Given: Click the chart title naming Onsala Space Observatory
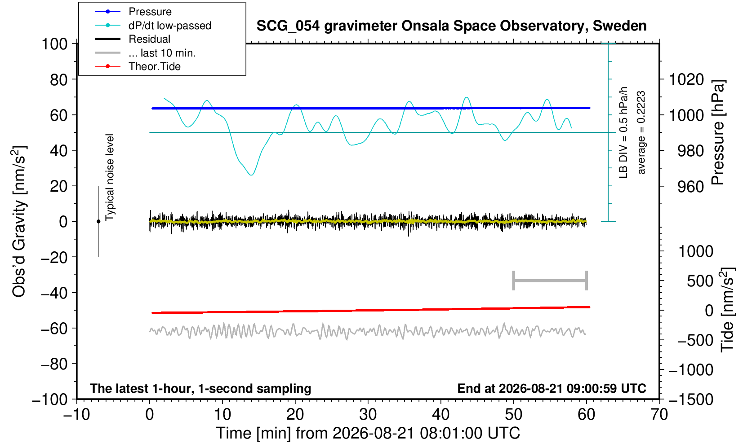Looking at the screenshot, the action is pyautogui.click(x=451, y=26).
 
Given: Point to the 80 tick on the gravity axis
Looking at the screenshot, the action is pyautogui.click(x=59, y=79).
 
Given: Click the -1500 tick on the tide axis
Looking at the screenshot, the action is pyautogui.click(x=691, y=399).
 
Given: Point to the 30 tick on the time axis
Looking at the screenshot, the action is pyautogui.click(x=368, y=415).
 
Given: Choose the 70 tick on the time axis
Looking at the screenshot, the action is pyautogui.click(x=659, y=415).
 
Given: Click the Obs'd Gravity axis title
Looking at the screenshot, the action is pyautogui.click(x=19, y=221).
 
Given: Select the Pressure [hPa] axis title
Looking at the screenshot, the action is pyautogui.click(x=718, y=132).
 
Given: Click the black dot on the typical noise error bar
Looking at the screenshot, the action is pyautogui.click(x=98, y=221).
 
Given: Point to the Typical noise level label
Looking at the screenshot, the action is pyautogui.click(x=110, y=178).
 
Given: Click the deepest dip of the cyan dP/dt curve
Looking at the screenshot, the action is pyautogui.click(x=251, y=175).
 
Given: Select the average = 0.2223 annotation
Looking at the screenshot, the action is pyautogui.click(x=641, y=132).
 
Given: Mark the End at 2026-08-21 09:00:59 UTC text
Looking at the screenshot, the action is pyautogui.click(x=552, y=388).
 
